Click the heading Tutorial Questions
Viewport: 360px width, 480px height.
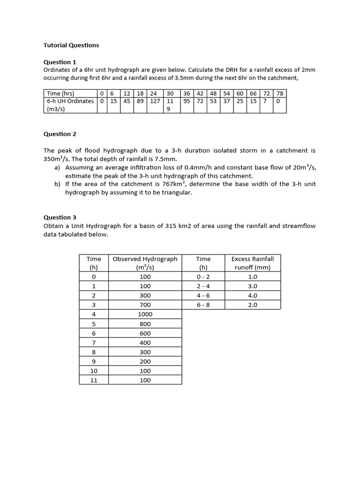pos(71,45)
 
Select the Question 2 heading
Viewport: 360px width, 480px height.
pos(60,134)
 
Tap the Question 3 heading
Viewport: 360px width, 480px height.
pos(60,217)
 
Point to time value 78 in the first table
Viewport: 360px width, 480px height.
pos(280,93)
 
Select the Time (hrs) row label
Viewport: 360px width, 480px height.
pos(60,93)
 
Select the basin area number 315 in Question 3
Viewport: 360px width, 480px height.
pos(171,225)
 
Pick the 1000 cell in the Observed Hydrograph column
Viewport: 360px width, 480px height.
pos(145,314)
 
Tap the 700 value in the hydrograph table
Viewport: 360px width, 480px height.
pos(145,305)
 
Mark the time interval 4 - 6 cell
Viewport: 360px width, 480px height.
pos(203,295)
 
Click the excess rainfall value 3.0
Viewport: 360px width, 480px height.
pos(253,286)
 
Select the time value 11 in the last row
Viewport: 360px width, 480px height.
pos(94,380)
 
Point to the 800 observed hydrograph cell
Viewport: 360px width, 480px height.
pos(145,323)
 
